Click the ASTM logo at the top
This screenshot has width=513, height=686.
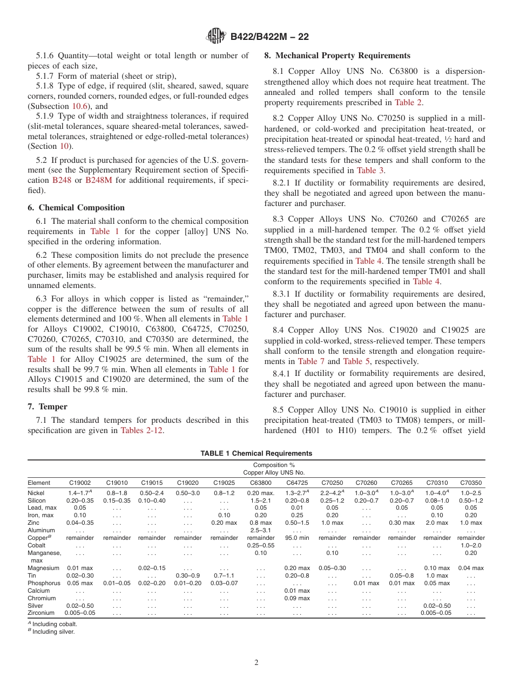point(216,37)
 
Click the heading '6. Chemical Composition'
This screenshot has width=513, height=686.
point(76,208)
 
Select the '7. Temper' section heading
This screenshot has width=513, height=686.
point(48,407)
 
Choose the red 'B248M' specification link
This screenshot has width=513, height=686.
point(98,181)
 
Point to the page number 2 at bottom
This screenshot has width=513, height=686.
point(256,663)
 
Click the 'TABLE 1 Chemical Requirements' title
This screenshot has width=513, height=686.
point(256,454)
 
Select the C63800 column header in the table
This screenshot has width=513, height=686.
point(261,483)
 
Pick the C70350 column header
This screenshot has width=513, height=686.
point(471,483)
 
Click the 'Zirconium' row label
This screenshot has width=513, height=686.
point(41,613)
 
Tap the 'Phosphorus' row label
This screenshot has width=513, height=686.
point(44,583)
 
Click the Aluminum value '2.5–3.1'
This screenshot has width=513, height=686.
point(261,530)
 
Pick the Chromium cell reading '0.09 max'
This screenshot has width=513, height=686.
point(297,598)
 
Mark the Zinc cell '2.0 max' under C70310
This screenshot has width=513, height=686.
point(437,523)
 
